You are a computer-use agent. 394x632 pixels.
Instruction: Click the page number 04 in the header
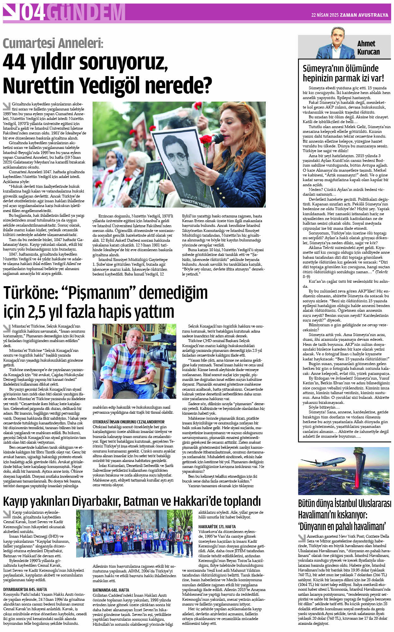[32, 13]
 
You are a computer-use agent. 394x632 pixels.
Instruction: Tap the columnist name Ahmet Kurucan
[368, 48]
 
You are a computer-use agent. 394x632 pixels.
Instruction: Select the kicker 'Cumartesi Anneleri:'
[53, 43]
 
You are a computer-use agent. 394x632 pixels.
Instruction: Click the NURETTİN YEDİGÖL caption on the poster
[196, 202]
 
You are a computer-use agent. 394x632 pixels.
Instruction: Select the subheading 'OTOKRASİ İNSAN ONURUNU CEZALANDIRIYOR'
[129, 422]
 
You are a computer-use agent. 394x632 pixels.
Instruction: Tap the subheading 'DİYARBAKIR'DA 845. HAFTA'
[25, 589]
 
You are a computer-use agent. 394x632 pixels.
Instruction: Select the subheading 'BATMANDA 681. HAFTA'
[111, 590]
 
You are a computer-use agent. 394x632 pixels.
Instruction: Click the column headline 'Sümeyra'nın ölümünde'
[340, 68]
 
